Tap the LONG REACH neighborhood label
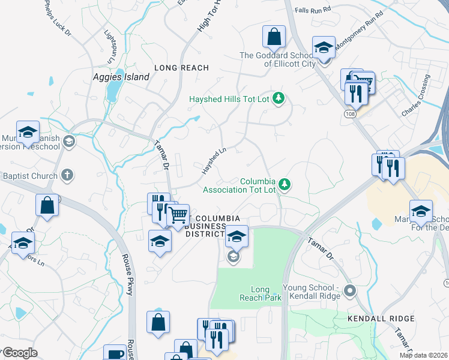pos(181,68)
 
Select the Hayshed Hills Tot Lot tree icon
pos(278,98)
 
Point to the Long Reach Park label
pos(260,293)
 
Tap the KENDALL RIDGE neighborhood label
pos(381,319)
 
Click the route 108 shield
pos(349,113)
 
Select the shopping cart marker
pos(178,215)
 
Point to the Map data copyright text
pos(424,355)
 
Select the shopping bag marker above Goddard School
pos(274,37)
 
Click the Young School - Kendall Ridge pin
pos(351,292)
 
